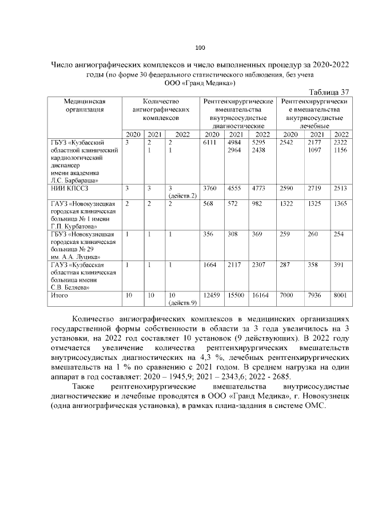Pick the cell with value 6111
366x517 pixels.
pyautogui.click(x=210, y=142)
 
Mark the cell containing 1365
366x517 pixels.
pyautogui.click(x=340, y=204)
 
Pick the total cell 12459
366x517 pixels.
pyautogui.click(x=212, y=295)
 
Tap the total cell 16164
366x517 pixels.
pyautogui.click(x=261, y=295)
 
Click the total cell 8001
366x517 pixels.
pyautogui.click(x=340, y=295)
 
